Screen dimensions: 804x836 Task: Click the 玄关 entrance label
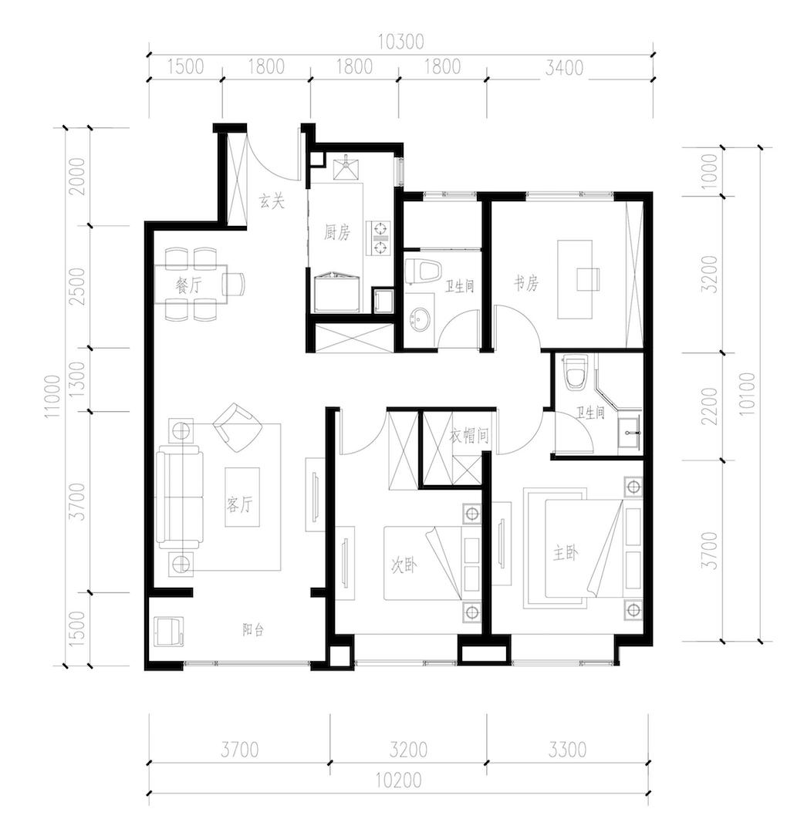coord(272,201)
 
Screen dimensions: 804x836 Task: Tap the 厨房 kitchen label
coord(337,232)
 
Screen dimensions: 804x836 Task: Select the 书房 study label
coord(526,283)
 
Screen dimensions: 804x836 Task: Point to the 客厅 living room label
coord(239,504)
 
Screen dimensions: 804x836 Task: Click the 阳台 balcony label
coord(253,630)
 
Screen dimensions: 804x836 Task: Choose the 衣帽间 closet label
coord(468,437)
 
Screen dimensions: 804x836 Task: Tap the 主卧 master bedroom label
coord(566,554)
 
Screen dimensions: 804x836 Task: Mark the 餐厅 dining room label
coord(188,286)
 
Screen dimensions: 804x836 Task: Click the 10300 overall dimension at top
coord(400,42)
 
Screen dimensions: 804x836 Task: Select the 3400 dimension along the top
coord(564,68)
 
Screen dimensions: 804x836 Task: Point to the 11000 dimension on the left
coord(53,396)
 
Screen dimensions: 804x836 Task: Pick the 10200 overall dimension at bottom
coord(399,780)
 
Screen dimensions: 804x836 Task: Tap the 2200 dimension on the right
coord(710,406)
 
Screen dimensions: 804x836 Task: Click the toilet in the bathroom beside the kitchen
coord(422,271)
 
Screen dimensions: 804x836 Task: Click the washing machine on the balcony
coord(169,632)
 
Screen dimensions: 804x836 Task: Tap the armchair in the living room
coord(238,427)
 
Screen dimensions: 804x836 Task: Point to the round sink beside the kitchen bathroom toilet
coord(420,320)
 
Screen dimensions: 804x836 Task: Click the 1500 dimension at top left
coord(186,66)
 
